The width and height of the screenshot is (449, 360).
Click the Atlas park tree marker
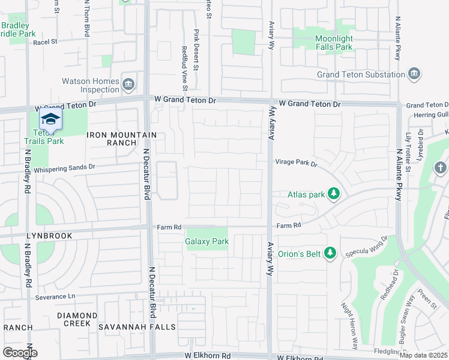tap(335, 194)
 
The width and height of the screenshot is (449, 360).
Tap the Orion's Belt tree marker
tap(329, 253)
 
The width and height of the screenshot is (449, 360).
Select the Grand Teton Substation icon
tap(414, 74)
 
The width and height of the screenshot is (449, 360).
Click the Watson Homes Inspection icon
tap(128, 85)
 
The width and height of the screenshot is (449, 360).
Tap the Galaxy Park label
tap(207, 242)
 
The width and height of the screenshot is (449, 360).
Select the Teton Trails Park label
tap(44, 137)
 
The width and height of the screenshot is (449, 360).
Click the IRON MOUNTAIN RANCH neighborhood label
tap(122, 139)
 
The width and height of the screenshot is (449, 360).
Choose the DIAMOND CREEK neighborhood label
tap(77, 319)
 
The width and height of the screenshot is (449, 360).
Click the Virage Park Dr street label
tap(296, 163)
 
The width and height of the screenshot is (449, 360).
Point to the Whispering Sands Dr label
tap(64, 169)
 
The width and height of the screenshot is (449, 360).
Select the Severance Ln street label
tap(55, 296)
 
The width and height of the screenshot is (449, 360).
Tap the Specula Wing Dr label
tap(367, 247)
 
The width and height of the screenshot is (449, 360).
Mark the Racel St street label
tap(45, 42)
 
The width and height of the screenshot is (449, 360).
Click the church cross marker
tap(440, 167)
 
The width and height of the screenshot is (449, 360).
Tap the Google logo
tap(19, 352)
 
